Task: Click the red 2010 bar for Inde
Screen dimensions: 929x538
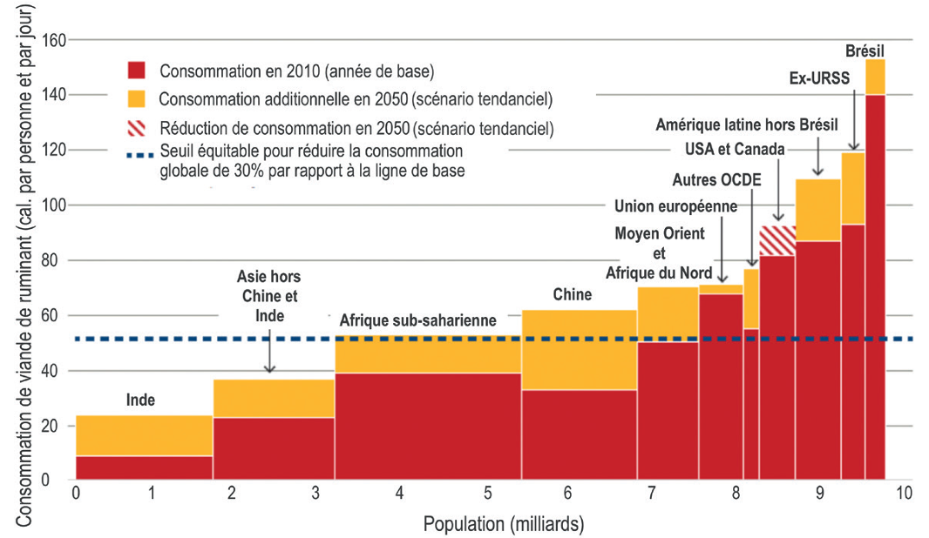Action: pos(145,467)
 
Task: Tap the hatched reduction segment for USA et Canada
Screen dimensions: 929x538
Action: pos(776,240)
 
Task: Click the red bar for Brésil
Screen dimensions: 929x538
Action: pos(876,287)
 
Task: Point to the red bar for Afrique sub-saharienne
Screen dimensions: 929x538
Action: pos(427,427)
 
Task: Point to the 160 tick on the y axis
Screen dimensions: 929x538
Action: pos(54,40)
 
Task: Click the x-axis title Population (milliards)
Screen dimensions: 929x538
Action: pos(503,524)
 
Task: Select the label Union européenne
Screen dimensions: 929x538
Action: pos(675,206)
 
